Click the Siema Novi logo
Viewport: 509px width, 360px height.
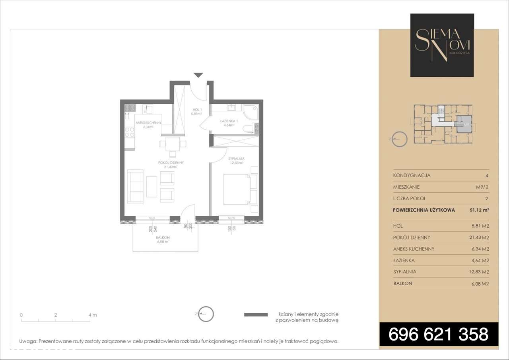442,45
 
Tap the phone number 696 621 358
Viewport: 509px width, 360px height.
439,334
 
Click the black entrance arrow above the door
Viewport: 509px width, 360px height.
198,75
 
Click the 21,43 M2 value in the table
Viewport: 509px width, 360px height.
479,238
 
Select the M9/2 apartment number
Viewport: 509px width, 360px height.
482,187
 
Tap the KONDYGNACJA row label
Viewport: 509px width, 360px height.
412,175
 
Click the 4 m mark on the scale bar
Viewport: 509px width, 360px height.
92,315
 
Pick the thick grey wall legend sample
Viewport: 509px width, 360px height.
255,314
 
